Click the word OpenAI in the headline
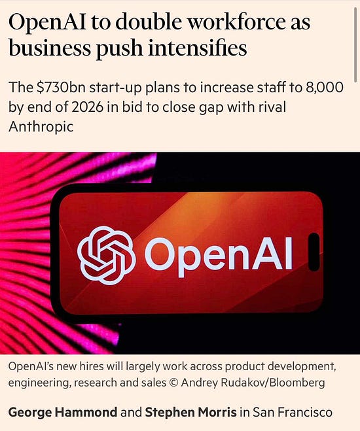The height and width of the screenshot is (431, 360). [x=47, y=22]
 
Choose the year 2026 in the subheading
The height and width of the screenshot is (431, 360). [x=87, y=107]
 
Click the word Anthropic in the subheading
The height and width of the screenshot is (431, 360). [x=41, y=127]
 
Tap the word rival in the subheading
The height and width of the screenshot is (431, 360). [x=272, y=107]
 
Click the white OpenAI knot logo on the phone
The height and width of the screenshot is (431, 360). [x=106, y=255]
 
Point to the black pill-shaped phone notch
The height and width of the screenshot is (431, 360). [x=314, y=252]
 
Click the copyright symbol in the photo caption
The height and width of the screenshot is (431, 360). [x=173, y=383]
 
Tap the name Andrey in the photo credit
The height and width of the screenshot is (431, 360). [x=199, y=383]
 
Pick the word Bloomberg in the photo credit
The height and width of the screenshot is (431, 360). [x=297, y=383]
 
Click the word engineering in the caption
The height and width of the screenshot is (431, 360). [x=38, y=383]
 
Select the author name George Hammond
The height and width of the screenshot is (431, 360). [x=63, y=412]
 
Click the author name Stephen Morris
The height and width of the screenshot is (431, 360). [x=190, y=412]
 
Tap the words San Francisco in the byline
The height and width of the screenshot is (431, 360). [x=292, y=412]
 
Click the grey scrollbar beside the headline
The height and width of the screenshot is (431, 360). [x=355, y=43]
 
